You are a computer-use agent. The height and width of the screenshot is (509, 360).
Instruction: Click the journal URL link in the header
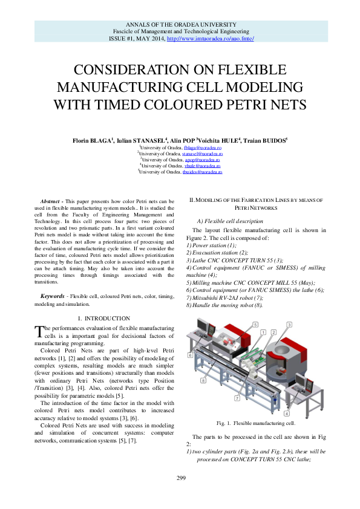pyautogui.click(x=210, y=38)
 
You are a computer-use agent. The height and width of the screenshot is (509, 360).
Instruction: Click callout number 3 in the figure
pyautogui.click(x=289, y=325)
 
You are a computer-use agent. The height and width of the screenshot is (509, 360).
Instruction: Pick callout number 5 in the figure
pyautogui.click(x=255, y=325)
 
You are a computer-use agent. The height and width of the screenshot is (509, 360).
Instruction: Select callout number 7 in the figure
pyautogui.click(x=237, y=399)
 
